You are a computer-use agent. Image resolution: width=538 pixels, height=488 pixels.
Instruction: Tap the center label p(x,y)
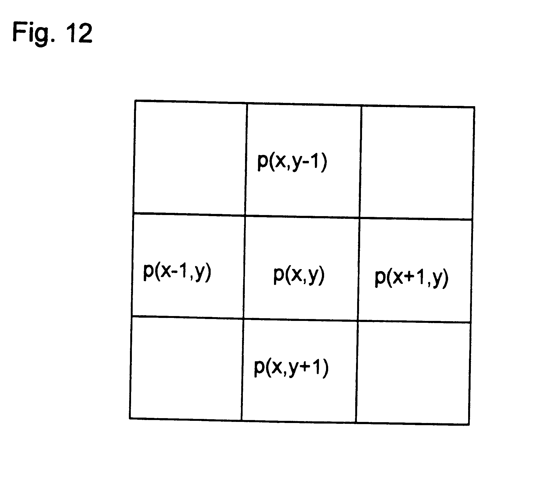tap(299, 276)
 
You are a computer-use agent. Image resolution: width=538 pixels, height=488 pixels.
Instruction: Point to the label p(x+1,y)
tap(412, 278)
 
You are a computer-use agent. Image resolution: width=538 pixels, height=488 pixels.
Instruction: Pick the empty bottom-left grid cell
tap(186, 368)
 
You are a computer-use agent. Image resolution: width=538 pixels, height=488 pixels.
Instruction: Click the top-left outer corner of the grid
tap(135, 100)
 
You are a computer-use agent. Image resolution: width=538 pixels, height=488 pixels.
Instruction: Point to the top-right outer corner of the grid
tap(474, 108)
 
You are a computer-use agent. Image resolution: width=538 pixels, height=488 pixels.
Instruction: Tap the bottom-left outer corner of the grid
tap(130, 418)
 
